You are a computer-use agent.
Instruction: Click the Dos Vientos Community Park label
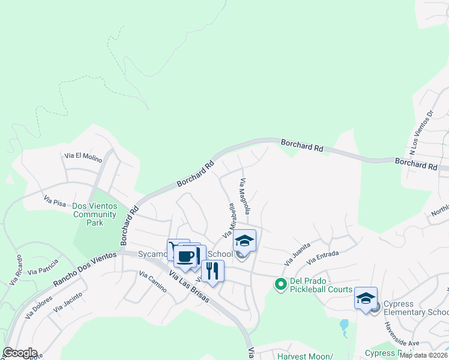(94, 214)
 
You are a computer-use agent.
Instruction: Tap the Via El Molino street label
(83, 157)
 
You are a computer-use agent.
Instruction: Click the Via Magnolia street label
(245, 196)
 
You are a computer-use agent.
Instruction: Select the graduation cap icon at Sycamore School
(244, 241)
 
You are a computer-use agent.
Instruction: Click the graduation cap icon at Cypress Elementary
(366, 298)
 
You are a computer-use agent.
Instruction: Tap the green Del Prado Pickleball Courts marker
(280, 284)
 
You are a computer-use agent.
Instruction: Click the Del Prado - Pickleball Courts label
(321, 285)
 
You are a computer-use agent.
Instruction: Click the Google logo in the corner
(20, 353)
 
